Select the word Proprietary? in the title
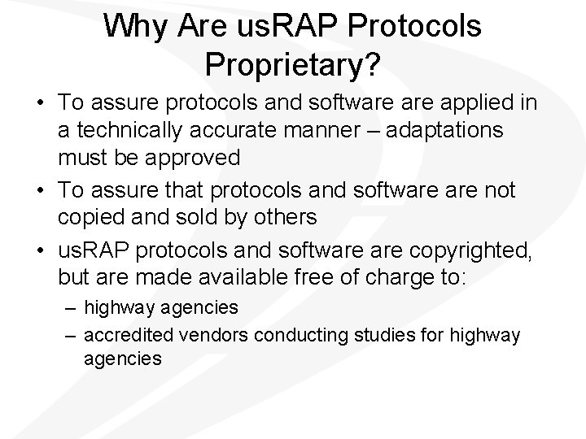click(x=292, y=66)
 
